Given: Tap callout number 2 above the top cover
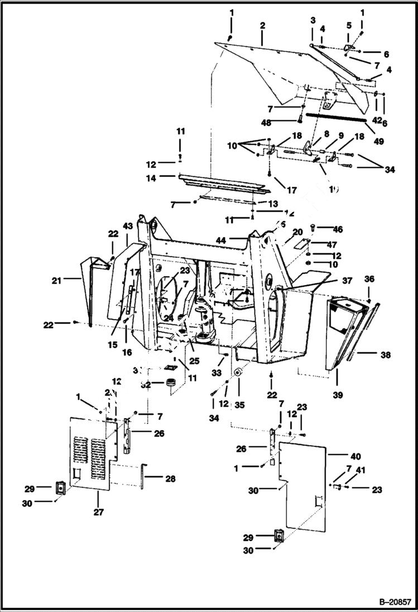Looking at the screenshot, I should (262, 27).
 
